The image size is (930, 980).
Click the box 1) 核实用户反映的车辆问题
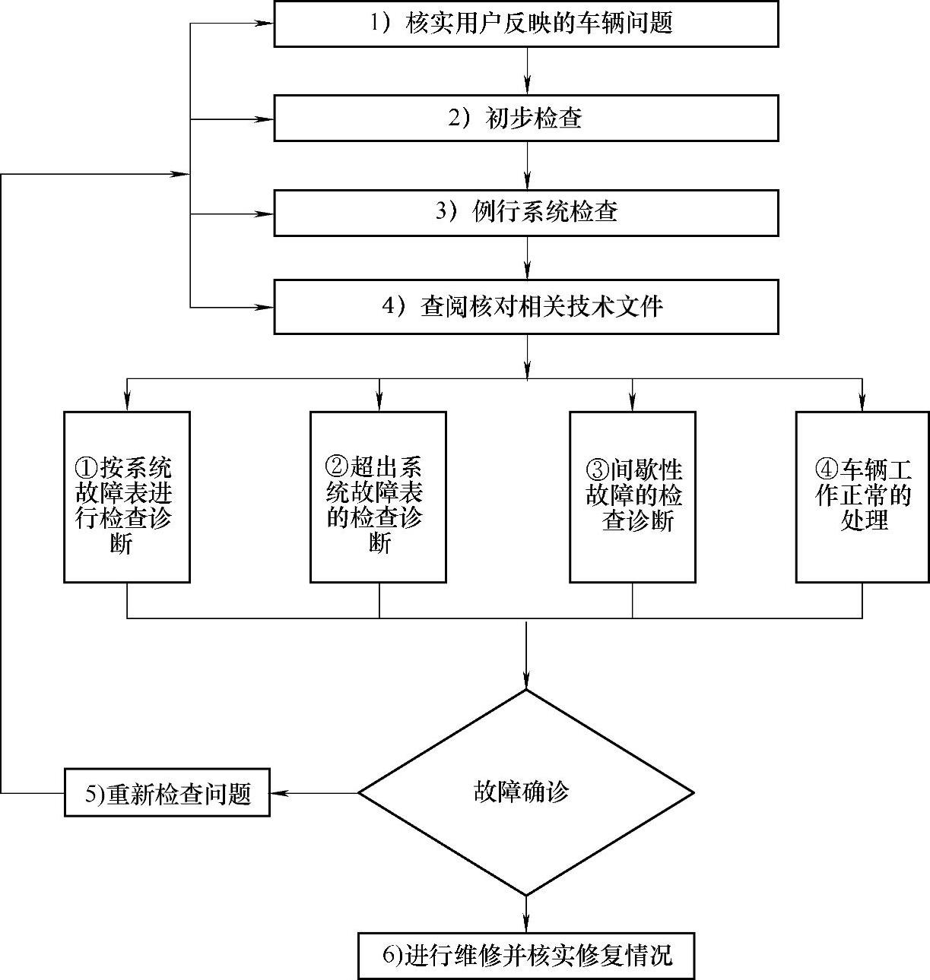coord(526,24)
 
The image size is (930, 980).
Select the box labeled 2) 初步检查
coord(526,118)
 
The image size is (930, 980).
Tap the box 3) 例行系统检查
coord(526,212)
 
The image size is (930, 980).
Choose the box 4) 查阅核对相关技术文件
coord(526,307)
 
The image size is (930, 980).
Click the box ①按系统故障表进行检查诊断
coord(127,497)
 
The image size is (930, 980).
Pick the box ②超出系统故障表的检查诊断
coord(378,497)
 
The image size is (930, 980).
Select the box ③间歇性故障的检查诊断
coord(633,497)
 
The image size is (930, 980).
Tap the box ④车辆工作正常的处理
coord(862,497)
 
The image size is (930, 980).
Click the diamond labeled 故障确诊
coord(526,793)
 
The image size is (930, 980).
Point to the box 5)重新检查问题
coord(167,793)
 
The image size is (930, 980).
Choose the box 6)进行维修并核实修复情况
coord(526,955)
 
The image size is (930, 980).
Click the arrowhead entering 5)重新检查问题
coord(279,793)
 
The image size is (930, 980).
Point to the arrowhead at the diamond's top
coord(526,681)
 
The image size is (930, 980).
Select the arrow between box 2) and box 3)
coord(526,165)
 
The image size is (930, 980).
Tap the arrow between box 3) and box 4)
coord(526,260)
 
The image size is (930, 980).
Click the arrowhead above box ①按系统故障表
coord(127,403)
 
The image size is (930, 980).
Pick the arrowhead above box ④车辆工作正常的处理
coord(862,403)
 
